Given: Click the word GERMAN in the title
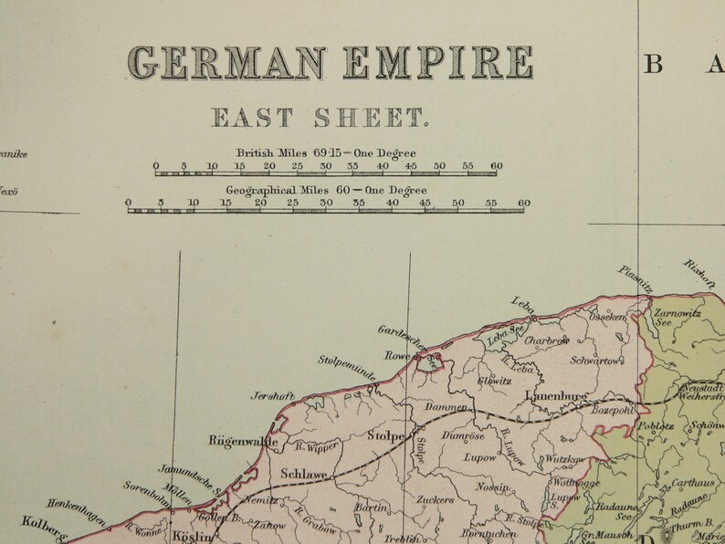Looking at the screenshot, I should pos(226,63).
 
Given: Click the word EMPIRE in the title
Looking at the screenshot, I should pos(437,63).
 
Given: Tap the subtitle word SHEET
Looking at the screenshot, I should pos(370,118).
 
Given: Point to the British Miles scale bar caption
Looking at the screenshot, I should pos(326,152).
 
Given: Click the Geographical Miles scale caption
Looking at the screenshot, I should pos(326,190).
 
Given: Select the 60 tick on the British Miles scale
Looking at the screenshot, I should pos(496,166).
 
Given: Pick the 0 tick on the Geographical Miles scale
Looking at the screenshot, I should pos(129,204).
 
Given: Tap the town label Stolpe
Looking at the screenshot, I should pos(385,436).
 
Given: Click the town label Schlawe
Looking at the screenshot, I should pos(304,474).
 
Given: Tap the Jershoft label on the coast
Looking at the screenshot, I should pos(273,396).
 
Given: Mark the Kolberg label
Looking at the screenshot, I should pos(42,529).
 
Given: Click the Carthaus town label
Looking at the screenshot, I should pos(693,483).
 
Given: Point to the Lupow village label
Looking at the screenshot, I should pos(480,456).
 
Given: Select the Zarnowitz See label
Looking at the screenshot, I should pos(677,316).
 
